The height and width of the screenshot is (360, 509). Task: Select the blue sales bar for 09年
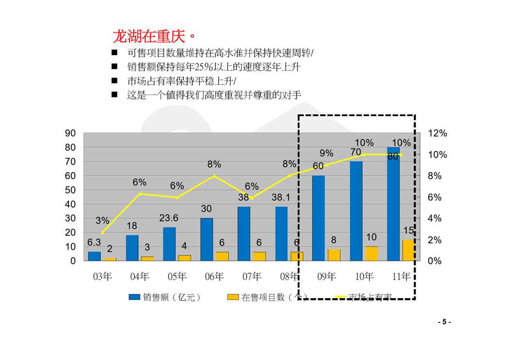(x=318, y=218)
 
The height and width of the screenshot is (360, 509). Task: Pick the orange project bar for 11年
(x=408, y=250)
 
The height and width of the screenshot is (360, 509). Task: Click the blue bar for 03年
(x=94, y=256)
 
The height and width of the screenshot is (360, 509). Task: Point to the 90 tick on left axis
(x=71, y=133)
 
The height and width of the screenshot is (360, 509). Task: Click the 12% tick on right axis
(x=437, y=133)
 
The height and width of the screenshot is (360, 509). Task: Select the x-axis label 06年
(x=214, y=277)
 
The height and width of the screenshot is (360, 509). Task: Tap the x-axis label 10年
(x=364, y=277)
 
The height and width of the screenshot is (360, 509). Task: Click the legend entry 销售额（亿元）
(x=172, y=297)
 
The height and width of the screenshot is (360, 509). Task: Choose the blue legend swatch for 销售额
(x=134, y=297)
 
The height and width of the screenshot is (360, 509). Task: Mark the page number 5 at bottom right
(x=444, y=322)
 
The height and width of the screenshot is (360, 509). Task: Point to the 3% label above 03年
(x=102, y=221)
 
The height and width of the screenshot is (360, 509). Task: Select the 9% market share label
(x=327, y=153)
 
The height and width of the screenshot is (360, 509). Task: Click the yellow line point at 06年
(x=214, y=176)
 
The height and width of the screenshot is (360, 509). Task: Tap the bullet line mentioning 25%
(x=213, y=67)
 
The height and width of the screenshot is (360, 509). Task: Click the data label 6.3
(x=94, y=242)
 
